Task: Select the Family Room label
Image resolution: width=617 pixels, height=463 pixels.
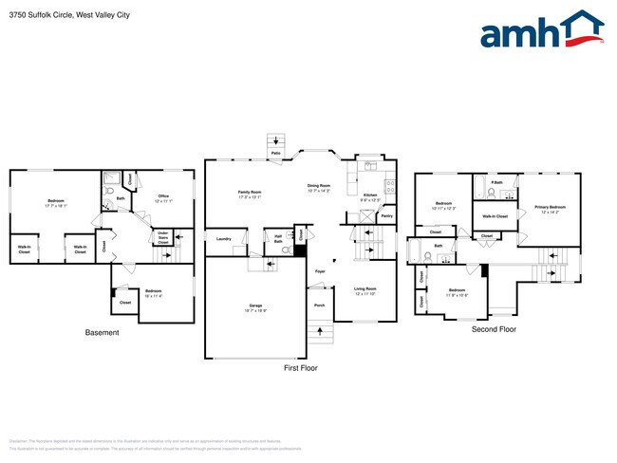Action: tap(250, 193)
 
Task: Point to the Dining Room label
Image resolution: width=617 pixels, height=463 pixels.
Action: tap(318, 186)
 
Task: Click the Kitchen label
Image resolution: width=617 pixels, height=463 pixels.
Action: tap(370, 194)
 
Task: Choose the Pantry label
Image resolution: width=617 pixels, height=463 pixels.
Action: tap(386, 216)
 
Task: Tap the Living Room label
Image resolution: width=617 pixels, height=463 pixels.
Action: tap(365, 288)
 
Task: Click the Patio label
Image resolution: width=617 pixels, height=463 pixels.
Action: tap(276, 152)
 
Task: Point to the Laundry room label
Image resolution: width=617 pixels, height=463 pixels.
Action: tap(224, 238)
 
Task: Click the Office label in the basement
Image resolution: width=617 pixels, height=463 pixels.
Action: tap(163, 196)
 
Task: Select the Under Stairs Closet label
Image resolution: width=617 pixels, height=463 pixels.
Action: tap(163, 237)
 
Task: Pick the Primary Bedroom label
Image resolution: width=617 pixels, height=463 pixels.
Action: tap(550, 207)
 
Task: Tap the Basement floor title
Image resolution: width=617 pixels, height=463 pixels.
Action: tap(102, 332)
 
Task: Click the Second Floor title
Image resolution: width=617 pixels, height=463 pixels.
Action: tap(495, 329)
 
